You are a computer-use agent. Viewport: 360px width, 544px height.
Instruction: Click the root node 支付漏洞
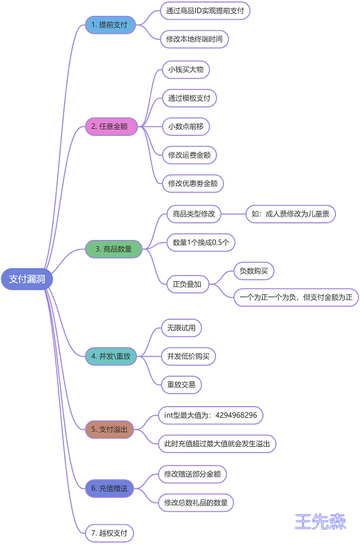(x=27, y=279)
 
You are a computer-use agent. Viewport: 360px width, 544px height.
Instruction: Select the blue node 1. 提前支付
(x=110, y=25)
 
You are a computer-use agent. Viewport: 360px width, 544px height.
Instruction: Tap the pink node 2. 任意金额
(x=111, y=126)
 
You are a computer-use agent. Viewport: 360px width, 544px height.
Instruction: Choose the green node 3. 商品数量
(x=114, y=249)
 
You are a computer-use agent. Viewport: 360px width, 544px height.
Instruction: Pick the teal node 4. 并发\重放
(x=111, y=356)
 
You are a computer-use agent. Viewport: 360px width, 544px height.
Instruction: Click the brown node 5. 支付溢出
(x=110, y=430)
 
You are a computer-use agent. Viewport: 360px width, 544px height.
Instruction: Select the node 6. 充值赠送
(x=110, y=488)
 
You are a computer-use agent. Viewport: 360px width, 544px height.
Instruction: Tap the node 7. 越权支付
(x=110, y=533)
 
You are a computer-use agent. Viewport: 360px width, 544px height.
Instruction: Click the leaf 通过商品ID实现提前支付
(x=205, y=11)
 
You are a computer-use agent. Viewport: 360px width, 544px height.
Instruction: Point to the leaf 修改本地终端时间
(x=194, y=39)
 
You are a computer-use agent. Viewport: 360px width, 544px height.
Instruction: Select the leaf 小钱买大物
(x=186, y=70)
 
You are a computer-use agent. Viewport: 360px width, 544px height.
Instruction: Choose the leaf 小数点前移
(x=186, y=126)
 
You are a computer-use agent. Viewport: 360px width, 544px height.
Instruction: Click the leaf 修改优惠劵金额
(x=193, y=183)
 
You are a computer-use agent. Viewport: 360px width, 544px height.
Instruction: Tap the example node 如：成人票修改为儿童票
(x=290, y=214)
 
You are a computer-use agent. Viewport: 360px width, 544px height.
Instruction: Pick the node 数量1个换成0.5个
(x=201, y=242)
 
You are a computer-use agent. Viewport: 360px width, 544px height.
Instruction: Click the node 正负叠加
(x=187, y=285)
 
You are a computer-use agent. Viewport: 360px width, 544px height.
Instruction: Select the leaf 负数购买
(x=254, y=271)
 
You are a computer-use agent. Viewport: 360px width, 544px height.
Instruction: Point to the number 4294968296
(x=236, y=415)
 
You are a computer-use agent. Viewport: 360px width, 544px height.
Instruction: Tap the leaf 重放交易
(x=181, y=385)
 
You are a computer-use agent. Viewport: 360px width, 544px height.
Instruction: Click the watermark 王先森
(x=321, y=521)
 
